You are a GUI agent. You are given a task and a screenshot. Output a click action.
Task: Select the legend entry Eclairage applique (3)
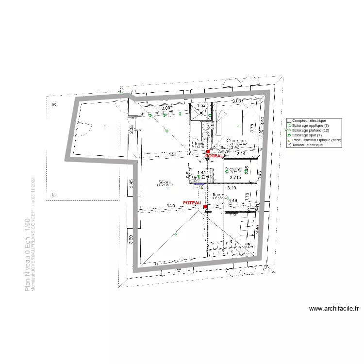tap(310, 125)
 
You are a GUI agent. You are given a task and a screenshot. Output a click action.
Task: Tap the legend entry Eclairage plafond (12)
tap(311, 130)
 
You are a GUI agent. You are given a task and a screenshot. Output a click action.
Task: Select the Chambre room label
tap(236, 141)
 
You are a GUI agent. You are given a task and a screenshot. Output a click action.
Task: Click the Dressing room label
tap(233, 170)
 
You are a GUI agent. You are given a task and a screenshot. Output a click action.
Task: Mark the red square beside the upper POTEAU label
tap(208, 151)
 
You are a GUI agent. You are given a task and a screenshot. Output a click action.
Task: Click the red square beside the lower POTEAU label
tap(205, 207)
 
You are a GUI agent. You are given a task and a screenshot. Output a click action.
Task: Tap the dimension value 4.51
tap(173, 154)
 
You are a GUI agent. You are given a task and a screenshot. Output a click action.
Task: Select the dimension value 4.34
tap(170, 206)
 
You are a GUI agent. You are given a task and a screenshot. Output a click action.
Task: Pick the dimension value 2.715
tap(235, 178)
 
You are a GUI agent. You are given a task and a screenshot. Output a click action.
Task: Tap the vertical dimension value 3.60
tap(131, 239)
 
